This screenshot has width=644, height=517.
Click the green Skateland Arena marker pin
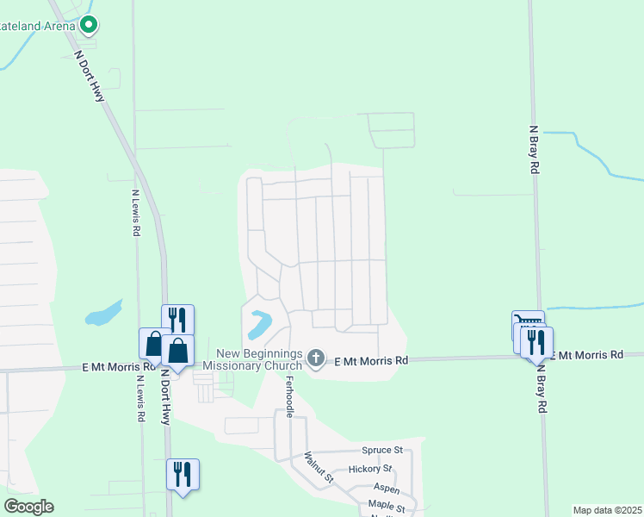[88, 26]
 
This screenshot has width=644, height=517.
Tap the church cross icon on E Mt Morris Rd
[316, 358]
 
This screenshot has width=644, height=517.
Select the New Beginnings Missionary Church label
[259, 359]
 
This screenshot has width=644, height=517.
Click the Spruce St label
[382, 451]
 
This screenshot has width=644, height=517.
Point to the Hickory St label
[370, 470]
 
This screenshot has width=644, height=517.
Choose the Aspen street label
[362, 489]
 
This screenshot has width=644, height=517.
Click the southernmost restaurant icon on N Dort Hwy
[183, 474]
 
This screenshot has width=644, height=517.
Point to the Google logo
[28, 507]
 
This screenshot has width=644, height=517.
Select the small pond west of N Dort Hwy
[103, 313]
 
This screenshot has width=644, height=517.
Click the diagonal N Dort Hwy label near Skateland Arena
[90, 75]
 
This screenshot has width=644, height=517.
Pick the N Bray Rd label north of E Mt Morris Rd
[534, 151]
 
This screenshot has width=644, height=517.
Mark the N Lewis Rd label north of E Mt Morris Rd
[136, 215]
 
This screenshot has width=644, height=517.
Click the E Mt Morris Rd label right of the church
[370, 360]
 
